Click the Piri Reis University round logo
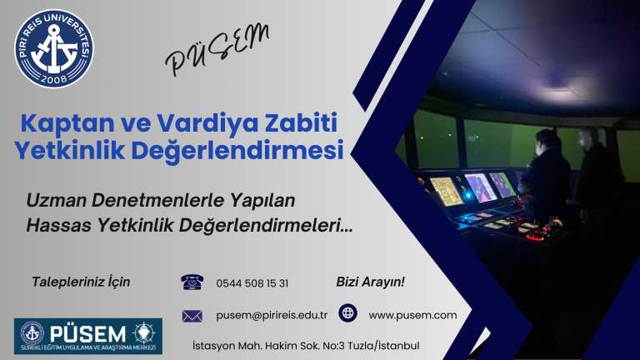click(54, 47)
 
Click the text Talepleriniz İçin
click(80, 282)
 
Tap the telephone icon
click(192, 282)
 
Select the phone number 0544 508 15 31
click(252, 283)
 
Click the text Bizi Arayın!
click(370, 282)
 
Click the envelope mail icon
click(192, 315)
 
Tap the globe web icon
click(347, 314)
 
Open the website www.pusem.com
click(412, 314)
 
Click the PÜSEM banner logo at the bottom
click(87, 334)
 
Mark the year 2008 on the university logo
click(54, 77)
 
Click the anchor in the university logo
click(54, 46)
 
